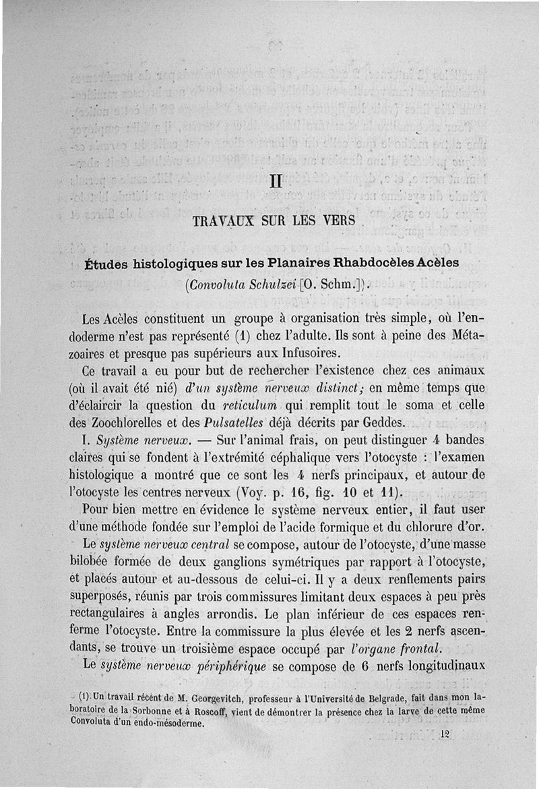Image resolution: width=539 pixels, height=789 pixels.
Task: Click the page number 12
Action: point(443,734)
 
